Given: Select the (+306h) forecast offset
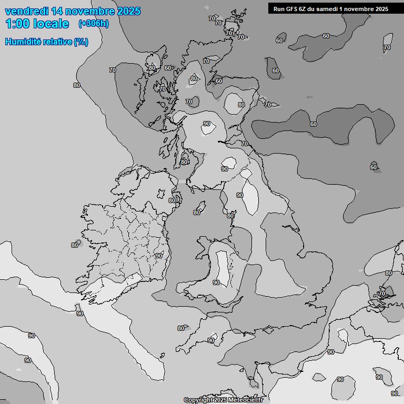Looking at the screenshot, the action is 93,24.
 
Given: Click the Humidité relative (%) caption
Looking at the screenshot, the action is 46,42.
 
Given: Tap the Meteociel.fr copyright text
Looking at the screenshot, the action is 223,400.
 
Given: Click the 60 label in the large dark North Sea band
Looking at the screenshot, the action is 314,124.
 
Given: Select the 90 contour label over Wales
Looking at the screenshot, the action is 216,282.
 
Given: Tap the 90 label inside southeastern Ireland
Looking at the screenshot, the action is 158,256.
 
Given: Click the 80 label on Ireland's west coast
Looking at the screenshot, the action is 75,245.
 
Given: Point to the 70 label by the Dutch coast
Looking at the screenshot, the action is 382,293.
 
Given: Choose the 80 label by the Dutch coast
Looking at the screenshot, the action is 389,273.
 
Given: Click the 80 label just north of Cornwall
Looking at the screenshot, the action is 181,328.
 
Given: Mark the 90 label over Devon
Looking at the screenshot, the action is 210,340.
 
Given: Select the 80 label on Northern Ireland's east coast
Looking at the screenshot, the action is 172,200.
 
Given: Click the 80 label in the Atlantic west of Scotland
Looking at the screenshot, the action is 77,85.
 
